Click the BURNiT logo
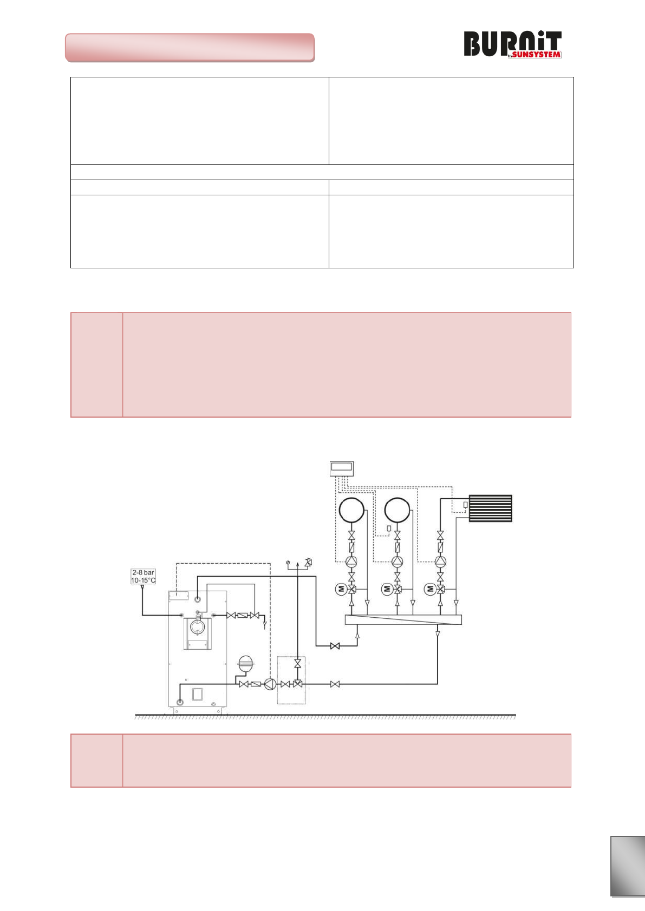[513, 44]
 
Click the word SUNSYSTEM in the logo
[536, 55]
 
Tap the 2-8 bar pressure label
[143, 572]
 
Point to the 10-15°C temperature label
[143, 580]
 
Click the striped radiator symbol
[490, 509]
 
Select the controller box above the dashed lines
[342, 468]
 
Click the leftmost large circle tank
[351, 510]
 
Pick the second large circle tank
[398, 510]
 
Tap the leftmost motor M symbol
[341, 589]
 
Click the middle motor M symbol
[387, 589]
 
